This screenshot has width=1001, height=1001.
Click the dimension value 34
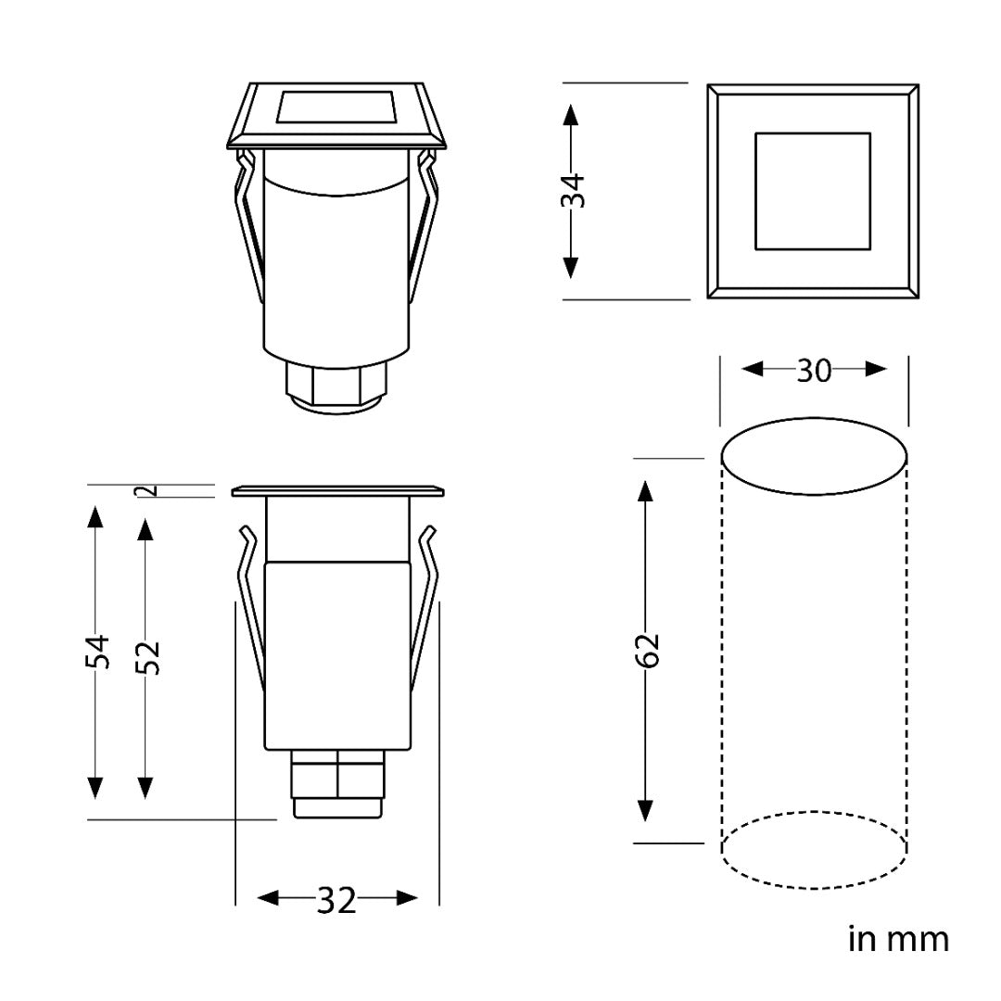coord(576,191)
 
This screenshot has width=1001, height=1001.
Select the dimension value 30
coord(814,371)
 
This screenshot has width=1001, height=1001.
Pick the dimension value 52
coord(148,656)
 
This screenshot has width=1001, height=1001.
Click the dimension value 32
coord(336,900)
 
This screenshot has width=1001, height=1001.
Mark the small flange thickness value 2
coord(151,491)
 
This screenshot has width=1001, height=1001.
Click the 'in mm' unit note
coord(898,939)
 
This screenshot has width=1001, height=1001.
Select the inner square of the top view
coord(812,191)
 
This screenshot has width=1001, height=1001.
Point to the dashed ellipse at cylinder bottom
coord(814,851)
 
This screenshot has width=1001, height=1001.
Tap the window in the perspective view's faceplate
coord(336,107)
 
